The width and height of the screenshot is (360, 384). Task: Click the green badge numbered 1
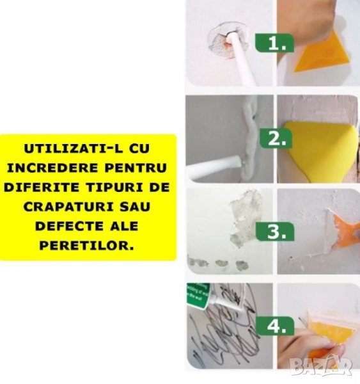click(x=274, y=43)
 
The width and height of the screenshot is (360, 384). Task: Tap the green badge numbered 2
click(x=276, y=138)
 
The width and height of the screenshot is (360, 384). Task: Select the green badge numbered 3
click(x=275, y=232)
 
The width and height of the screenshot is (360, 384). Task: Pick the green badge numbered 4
click(x=275, y=326)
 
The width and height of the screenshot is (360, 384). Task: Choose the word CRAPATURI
click(x=68, y=207)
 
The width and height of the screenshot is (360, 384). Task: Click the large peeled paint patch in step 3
click(x=242, y=214)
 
